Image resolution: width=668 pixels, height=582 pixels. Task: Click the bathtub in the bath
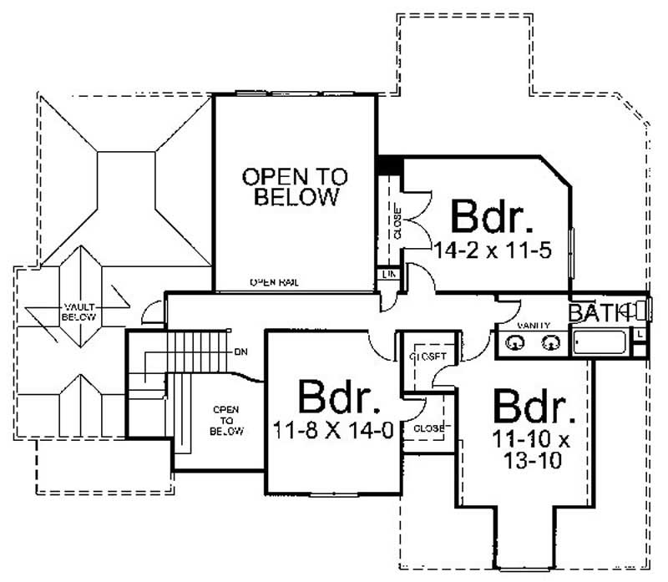(600, 343)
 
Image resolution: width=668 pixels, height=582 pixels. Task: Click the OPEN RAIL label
(275, 284)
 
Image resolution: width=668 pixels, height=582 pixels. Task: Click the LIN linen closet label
(388, 275)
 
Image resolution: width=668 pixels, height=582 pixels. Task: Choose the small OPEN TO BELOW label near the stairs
(226, 421)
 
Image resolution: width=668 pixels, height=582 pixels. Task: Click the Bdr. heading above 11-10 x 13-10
(534, 407)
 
